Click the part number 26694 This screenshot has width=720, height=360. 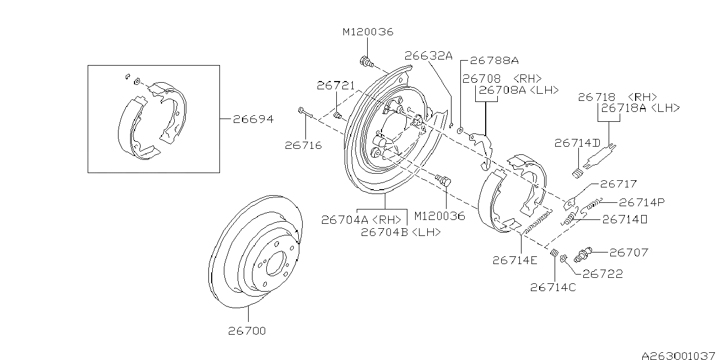click(252, 119)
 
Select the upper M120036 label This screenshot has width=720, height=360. click(368, 32)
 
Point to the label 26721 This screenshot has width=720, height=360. click(336, 85)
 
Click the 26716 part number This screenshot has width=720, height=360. click(303, 146)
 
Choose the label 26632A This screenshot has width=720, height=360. click(428, 55)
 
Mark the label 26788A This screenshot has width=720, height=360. click(494, 60)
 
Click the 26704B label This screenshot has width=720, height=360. click(401, 232)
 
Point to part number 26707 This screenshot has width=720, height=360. click(629, 252)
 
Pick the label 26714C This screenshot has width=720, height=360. click(553, 287)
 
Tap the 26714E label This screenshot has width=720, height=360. click(514, 260)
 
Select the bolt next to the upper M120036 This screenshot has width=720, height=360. click(365, 61)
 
